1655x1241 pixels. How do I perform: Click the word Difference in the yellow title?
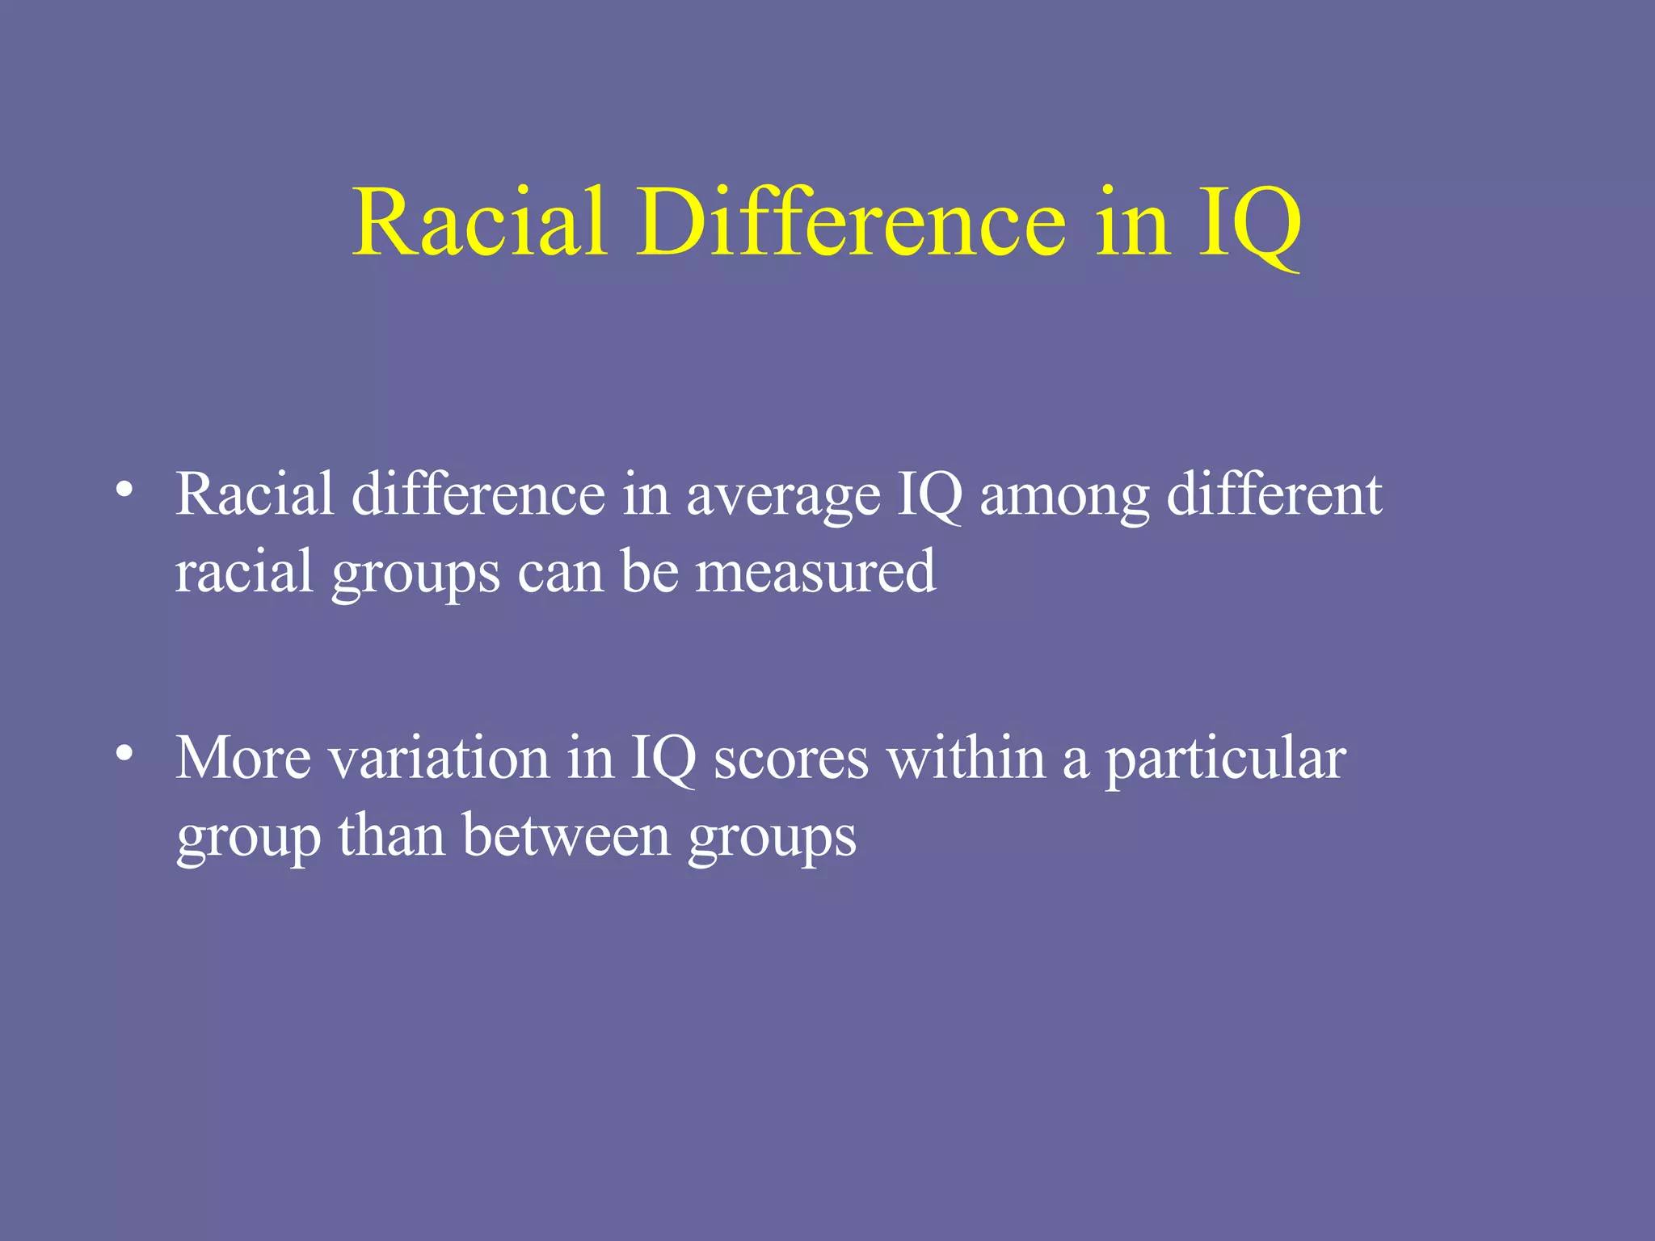tap(852, 221)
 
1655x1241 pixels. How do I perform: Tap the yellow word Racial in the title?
tap(479, 221)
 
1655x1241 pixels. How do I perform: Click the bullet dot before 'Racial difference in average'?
tap(124, 490)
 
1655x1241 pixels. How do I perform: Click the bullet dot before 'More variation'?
tap(124, 753)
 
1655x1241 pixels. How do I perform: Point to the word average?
tap(783, 495)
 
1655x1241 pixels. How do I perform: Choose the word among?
tap(1064, 495)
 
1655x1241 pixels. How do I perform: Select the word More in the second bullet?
tap(243, 759)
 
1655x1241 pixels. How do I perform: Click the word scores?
tap(791, 760)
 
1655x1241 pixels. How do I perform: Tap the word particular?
tap(1225, 760)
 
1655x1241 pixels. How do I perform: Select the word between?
tap(566, 836)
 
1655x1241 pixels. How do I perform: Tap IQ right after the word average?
tap(930, 495)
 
